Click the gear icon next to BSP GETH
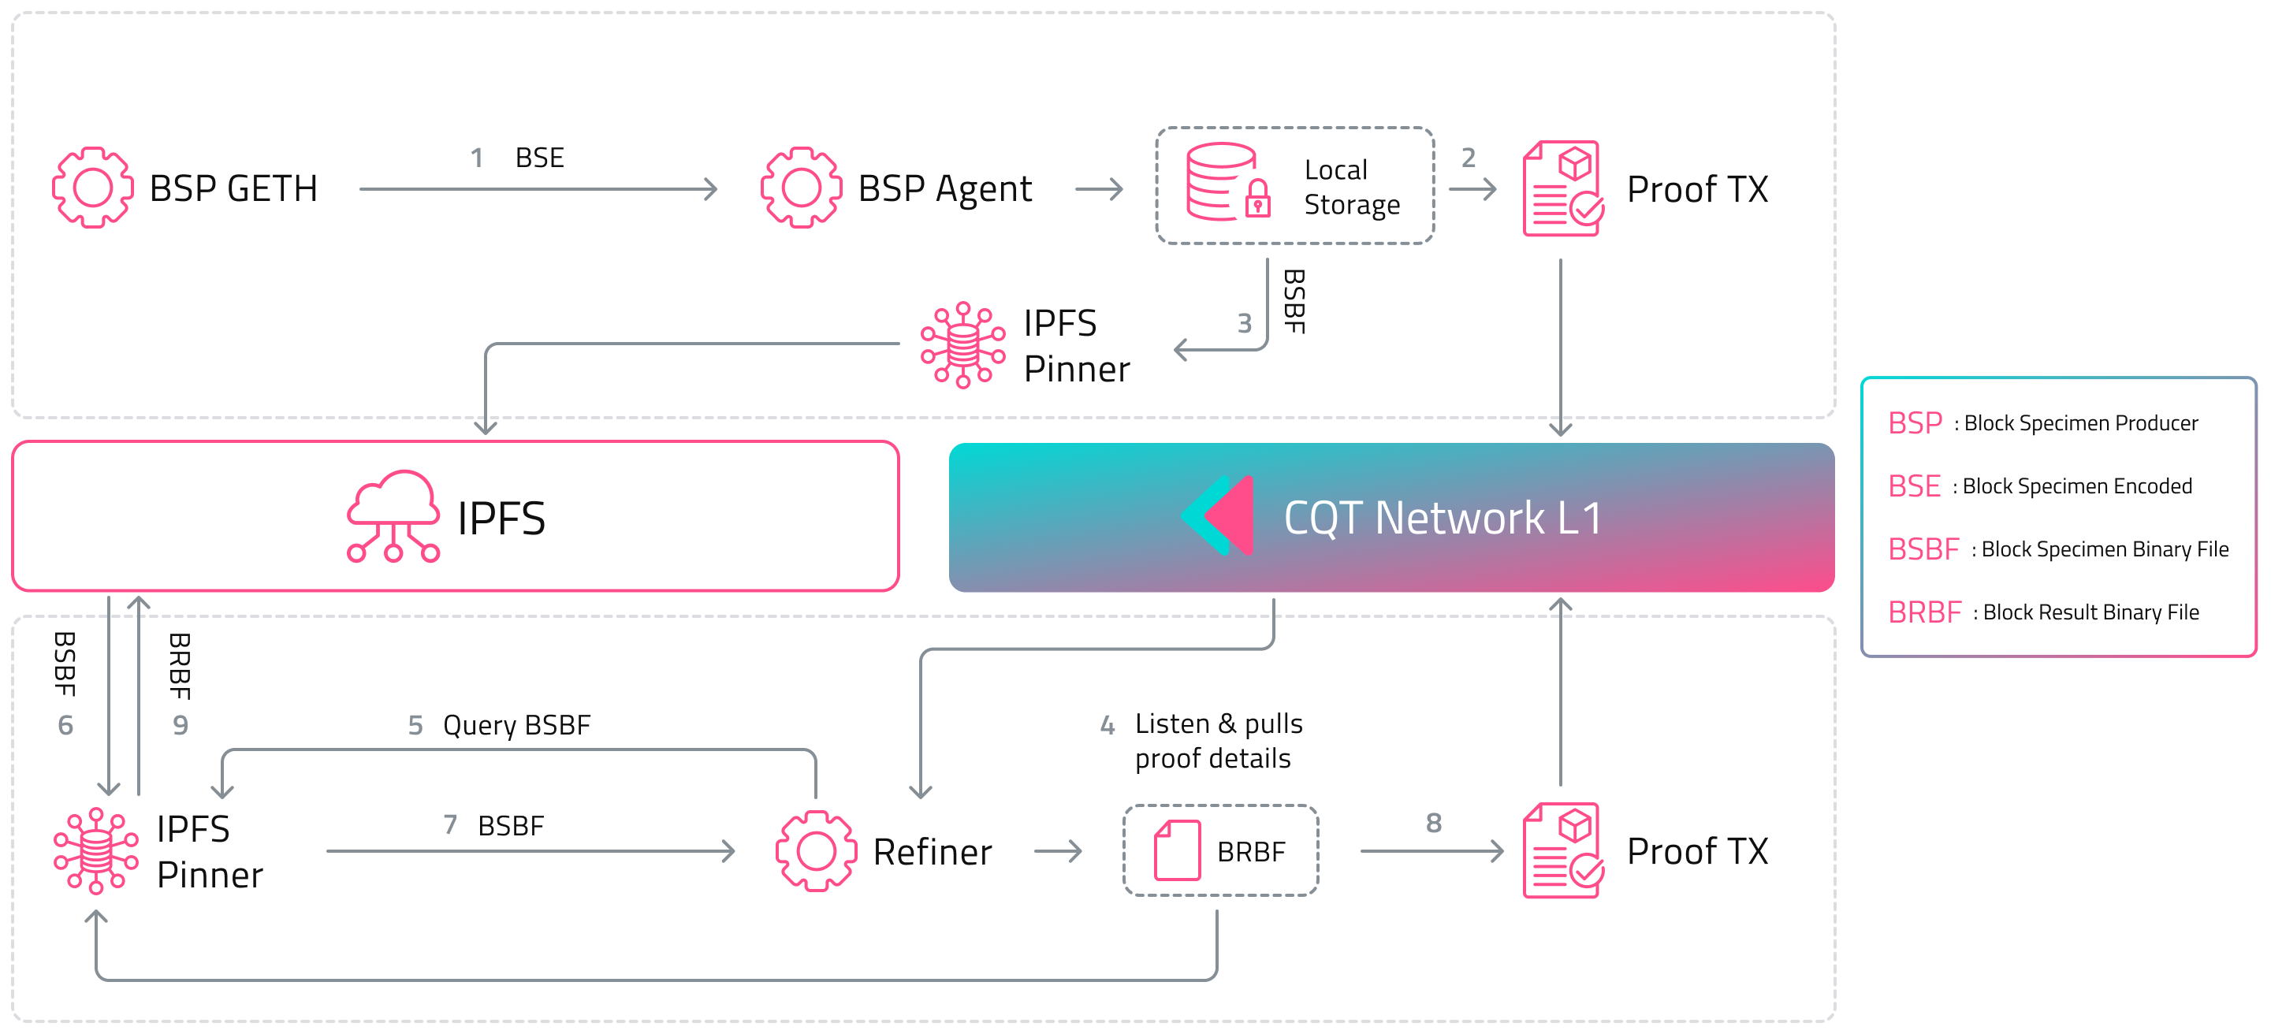click(x=92, y=188)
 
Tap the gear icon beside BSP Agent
click(x=802, y=188)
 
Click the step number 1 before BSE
click(x=477, y=158)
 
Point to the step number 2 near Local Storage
click(x=1468, y=158)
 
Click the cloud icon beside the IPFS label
click(x=393, y=516)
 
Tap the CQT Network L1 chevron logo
click(x=1218, y=515)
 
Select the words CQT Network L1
click(x=1443, y=518)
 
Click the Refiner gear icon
click(x=817, y=851)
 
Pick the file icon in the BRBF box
click(x=1178, y=850)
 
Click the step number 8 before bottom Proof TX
click(x=1434, y=824)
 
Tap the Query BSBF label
click(x=516, y=726)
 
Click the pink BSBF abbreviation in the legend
click(x=1923, y=549)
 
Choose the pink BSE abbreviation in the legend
click(x=1914, y=485)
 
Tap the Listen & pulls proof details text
click(x=1219, y=741)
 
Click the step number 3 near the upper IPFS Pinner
click(x=1244, y=323)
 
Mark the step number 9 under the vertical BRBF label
click(x=181, y=726)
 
